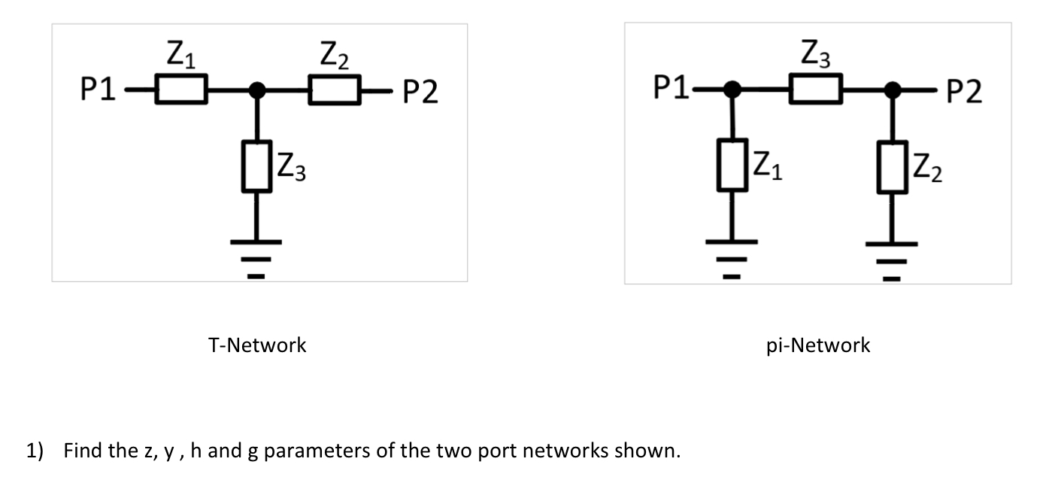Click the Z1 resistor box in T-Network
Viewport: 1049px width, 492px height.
[180, 90]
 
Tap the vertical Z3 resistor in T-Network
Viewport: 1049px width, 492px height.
[257, 167]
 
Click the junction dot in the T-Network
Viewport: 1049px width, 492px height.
[257, 90]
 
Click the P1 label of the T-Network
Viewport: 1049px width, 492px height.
[99, 91]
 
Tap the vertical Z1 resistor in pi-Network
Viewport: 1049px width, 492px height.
[732, 165]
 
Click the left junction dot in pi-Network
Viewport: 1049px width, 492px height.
[731, 90]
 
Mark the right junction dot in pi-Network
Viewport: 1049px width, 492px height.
[893, 90]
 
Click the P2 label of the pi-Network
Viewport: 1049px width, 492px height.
[964, 93]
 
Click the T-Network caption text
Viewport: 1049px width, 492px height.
[257, 345]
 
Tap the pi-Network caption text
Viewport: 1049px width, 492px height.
[818, 345]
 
